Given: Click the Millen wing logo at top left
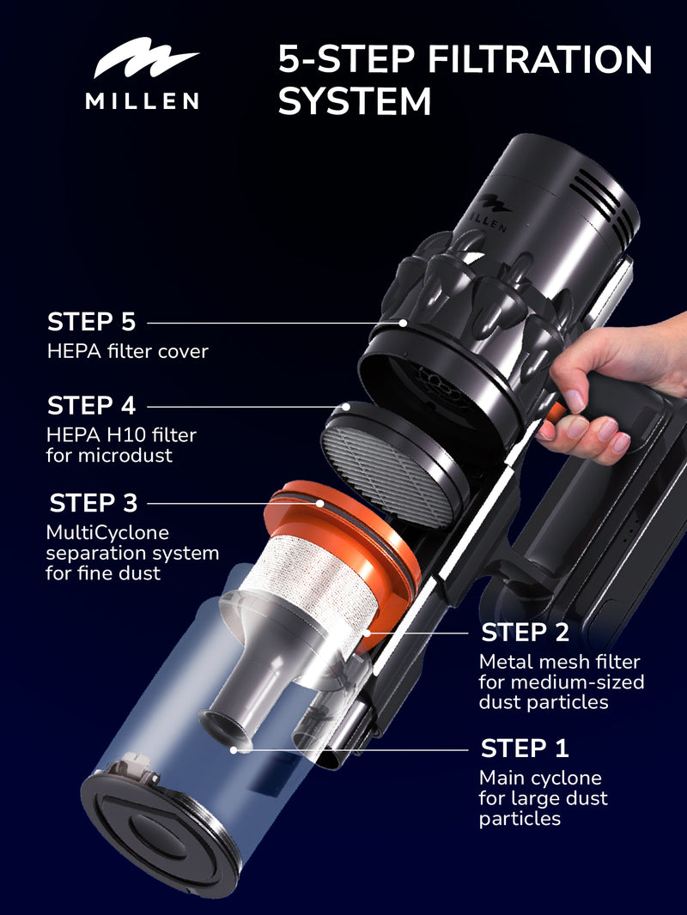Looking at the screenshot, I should coord(145,64).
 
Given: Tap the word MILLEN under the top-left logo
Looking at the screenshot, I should coord(143,101).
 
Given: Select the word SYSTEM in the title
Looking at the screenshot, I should coord(354,101).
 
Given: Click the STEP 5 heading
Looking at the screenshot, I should coord(91,323).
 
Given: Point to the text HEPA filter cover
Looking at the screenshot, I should coord(127,351).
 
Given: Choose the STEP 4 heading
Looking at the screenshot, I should coord(91,405).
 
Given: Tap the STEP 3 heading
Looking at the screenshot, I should coord(93,502).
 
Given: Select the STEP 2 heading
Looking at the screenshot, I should coord(525,633).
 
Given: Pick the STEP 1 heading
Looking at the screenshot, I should coord(525,748).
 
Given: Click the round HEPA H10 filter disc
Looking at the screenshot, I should coord(391,464).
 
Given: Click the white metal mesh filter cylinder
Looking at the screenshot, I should coord(309,584).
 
